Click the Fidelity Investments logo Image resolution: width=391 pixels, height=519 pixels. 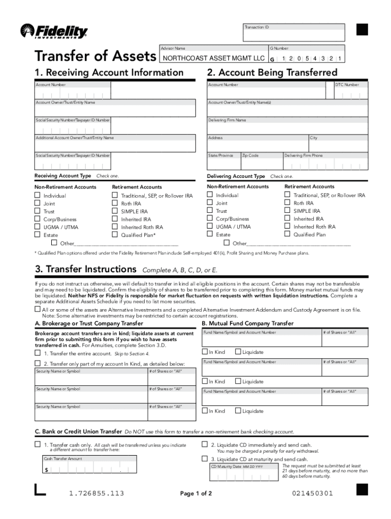54,31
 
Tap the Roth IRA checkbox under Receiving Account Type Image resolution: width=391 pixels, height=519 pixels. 115,203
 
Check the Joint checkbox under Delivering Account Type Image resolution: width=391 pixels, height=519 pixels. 210,203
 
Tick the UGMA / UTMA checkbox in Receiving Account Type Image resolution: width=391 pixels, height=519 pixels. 37,227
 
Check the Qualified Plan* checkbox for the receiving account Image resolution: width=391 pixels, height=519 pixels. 115,235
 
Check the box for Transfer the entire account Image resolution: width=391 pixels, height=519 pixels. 38,353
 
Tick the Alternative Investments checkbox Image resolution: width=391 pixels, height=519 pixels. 37,309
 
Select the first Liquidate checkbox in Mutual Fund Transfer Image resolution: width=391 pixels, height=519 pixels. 238,352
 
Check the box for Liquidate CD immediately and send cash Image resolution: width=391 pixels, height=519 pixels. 205,444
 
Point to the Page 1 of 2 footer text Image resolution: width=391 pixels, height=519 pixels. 196,494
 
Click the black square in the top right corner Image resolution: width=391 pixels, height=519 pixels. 362,30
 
